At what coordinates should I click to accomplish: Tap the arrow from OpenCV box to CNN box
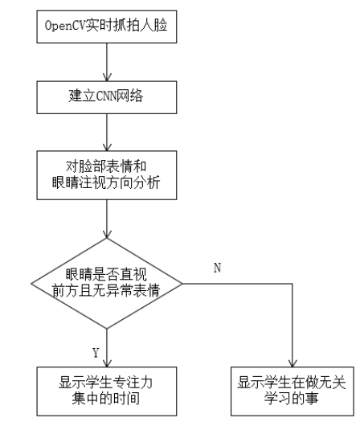click(107, 63)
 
